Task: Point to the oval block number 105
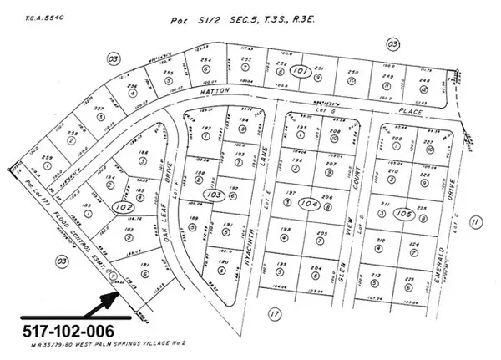(x=406, y=213)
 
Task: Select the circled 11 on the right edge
(x=475, y=221)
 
